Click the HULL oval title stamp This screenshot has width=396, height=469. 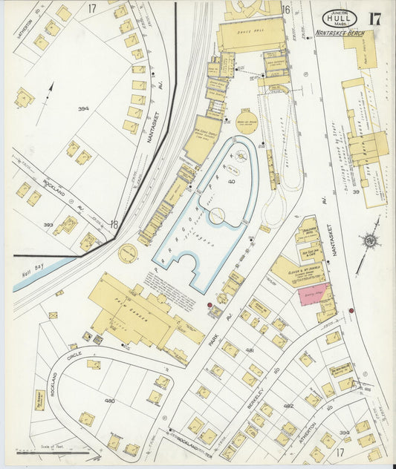coord(340,18)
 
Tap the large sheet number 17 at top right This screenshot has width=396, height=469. coord(374,19)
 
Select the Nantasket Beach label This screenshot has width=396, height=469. coord(339,33)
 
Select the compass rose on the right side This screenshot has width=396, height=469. coord(369,240)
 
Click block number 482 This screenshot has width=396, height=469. coord(288,406)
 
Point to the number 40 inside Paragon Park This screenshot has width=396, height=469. coord(211,180)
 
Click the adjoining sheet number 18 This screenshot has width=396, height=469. coord(113,224)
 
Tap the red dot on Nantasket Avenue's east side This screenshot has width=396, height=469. coord(351,310)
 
